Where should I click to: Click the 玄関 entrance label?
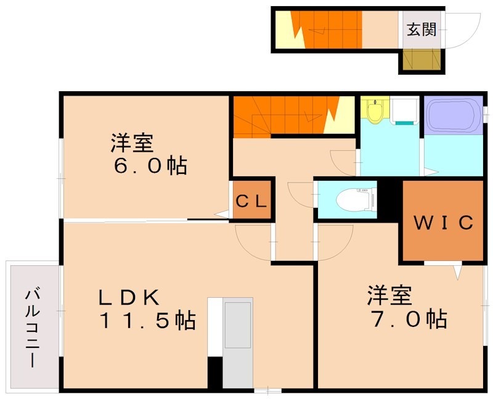click(422, 29)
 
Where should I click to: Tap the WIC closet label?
click(443, 223)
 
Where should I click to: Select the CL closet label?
click(252, 201)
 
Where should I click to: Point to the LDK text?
click(130, 298)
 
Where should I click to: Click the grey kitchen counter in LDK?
click(238, 342)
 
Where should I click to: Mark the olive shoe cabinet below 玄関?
click(421, 60)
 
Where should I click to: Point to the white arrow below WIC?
click(457, 271)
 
